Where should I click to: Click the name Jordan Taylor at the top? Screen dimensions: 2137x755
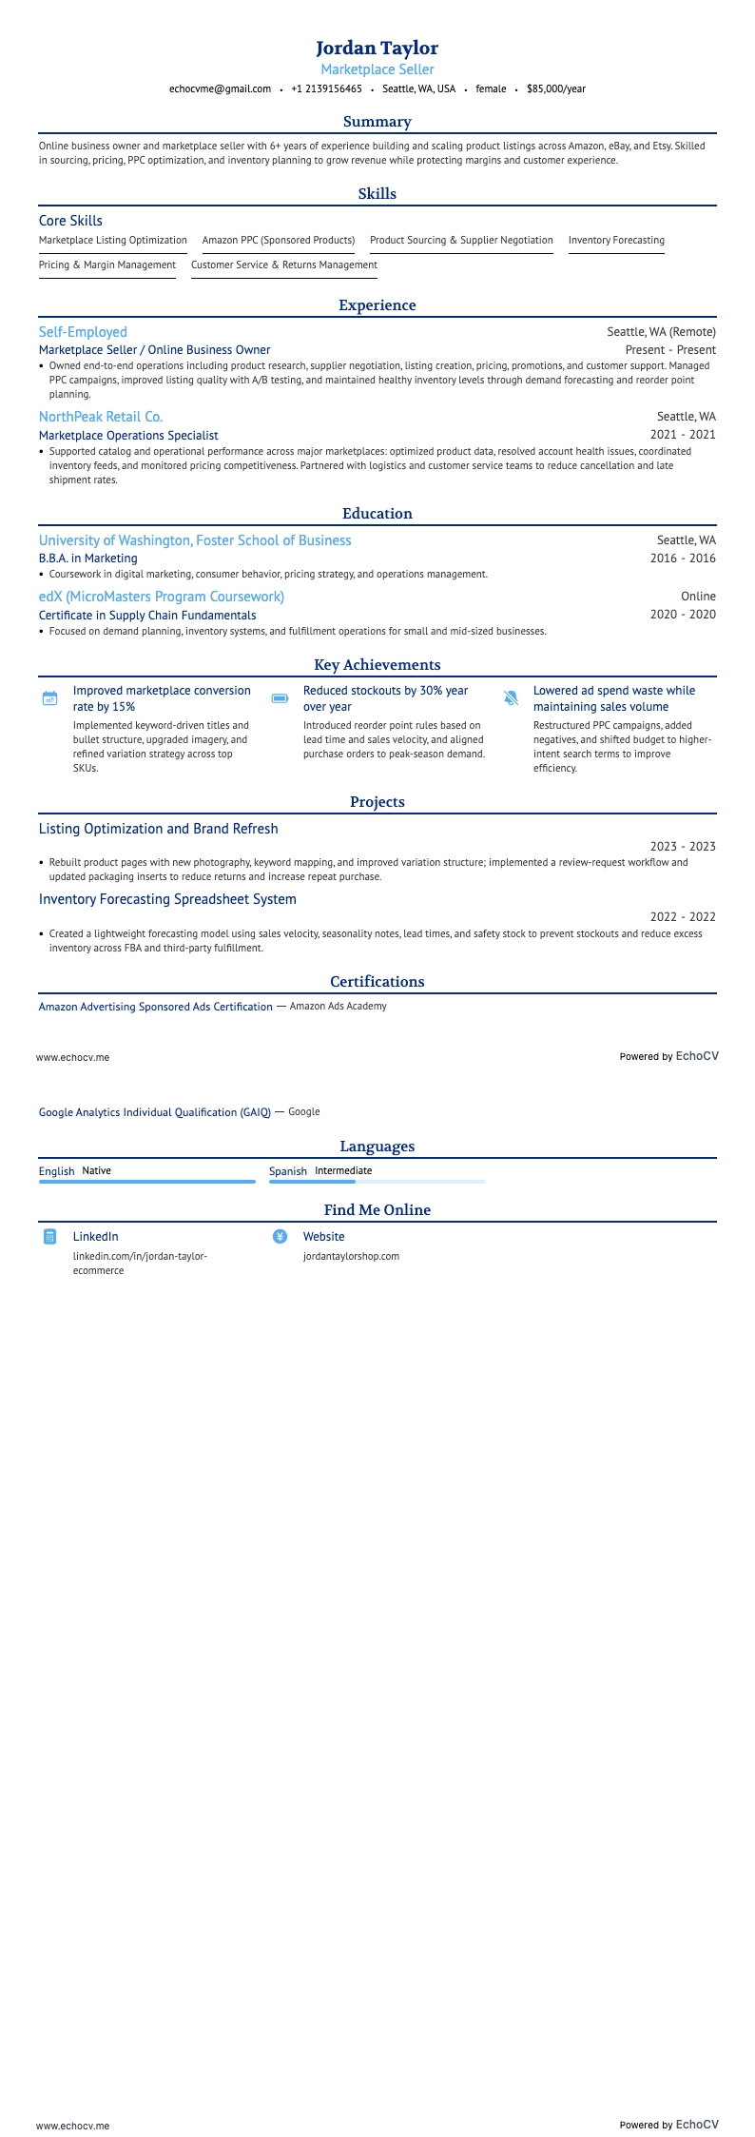[377, 48]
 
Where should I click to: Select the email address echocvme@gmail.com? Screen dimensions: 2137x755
[220, 88]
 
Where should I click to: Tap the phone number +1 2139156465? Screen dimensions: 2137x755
[326, 88]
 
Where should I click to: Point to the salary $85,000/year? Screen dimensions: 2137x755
[555, 88]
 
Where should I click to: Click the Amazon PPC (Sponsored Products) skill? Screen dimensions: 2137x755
[278, 241]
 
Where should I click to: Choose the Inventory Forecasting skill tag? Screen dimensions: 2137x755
[616, 241]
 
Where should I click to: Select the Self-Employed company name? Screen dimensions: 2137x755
[83, 332]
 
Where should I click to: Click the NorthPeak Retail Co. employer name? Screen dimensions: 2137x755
[101, 417]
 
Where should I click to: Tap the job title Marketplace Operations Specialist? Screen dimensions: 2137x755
[128, 435]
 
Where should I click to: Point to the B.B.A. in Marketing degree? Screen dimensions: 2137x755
[88, 559]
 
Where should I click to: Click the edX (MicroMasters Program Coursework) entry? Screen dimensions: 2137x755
[162, 597]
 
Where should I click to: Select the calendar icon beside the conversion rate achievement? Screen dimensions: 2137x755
[50, 698]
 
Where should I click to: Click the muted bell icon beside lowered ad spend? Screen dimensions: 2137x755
[511, 698]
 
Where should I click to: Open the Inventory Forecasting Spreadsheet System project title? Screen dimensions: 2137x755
[167, 899]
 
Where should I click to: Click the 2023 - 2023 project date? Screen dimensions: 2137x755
[683, 847]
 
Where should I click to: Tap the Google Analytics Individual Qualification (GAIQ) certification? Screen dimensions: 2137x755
[155, 1112]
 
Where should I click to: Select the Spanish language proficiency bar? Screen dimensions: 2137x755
[377, 1182]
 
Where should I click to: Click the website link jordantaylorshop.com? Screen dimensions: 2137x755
[351, 1256]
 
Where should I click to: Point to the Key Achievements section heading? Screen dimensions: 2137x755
[377, 665]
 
